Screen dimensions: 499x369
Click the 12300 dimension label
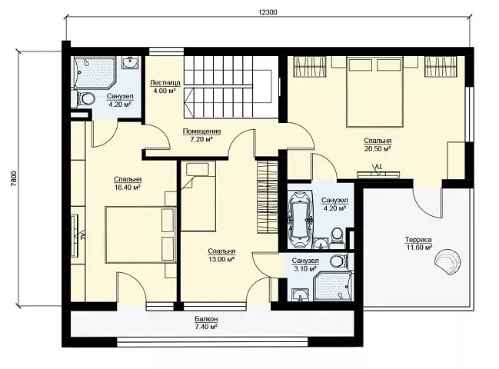tap(268, 12)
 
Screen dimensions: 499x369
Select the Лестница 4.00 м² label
tap(165, 87)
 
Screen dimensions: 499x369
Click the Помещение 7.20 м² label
tap(201, 135)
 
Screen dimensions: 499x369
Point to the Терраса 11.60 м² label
tap(418, 244)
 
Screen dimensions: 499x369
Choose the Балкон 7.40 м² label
tap(207, 322)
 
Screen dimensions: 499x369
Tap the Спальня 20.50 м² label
tap(378, 145)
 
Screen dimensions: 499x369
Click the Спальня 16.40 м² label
tap(128, 184)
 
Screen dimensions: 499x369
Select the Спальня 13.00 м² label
tap(221, 255)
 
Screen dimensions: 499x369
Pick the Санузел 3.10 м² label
tap(305, 264)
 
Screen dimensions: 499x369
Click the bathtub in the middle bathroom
tap(300, 220)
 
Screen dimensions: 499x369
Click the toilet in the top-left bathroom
tap(85, 98)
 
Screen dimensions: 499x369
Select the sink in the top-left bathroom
tap(130, 62)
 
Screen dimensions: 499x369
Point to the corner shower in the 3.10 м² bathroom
tap(333, 286)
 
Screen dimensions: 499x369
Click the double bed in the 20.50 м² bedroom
tap(374, 92)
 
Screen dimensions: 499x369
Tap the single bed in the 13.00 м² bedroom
tap(198, 195)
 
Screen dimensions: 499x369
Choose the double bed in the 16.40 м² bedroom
tap(141, 235)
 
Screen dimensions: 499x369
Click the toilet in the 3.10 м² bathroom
tap(340, 261)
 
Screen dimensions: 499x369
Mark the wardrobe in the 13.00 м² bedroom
tap(268, 198)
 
